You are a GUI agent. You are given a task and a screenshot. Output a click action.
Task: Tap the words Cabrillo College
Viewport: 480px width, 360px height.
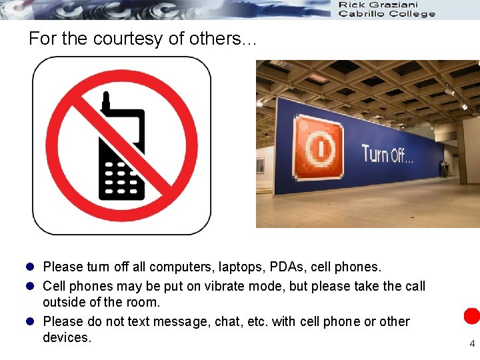[x=387, y=14]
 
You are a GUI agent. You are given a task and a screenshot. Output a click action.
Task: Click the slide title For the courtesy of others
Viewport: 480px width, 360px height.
[x=141, y=39]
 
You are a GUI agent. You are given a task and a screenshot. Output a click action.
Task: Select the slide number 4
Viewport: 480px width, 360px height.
[x=472, y=344]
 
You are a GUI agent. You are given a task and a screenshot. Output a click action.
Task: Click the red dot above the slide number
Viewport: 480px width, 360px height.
[x=472, y=316]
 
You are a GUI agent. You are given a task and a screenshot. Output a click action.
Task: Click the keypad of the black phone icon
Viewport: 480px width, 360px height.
[x=121, y=178]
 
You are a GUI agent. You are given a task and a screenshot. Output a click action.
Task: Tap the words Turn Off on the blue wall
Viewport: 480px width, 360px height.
[x=387, y=155]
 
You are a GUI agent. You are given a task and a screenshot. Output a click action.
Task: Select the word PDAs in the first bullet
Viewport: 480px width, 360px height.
[x=290, y=267]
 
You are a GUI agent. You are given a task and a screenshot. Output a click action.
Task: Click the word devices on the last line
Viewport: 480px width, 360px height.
[x=65, y=338]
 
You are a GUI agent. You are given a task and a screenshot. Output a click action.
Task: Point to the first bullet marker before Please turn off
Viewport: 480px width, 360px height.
[x=30, y=267]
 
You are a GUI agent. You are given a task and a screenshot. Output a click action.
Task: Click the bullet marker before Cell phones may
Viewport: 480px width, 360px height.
[x=30, y=286]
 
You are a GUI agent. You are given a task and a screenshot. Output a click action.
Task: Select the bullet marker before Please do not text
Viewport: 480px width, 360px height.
[x=30, y=322]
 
